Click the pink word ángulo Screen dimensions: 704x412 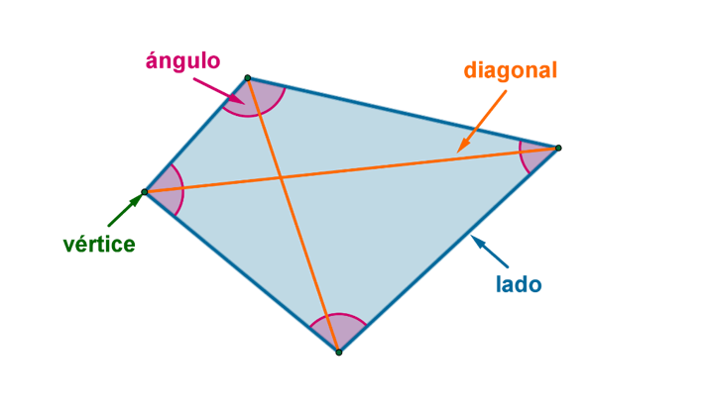(x=182, y=60)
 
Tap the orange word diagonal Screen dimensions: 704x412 (x=511, y=71)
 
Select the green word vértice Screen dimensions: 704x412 (x=98, y=245)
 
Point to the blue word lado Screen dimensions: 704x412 (x=519, y=285)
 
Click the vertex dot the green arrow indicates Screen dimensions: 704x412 (x=145, y=191)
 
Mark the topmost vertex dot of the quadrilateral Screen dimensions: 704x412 (x=247, y=77)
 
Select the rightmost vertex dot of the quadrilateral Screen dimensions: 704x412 (x=557, y=149)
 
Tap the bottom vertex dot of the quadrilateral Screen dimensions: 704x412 (x=338, y=352)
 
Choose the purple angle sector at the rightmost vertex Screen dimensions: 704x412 (x=535, y=156)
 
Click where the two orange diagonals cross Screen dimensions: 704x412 (x=282, y=177)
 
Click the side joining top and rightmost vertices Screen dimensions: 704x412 (x=402, y=112)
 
